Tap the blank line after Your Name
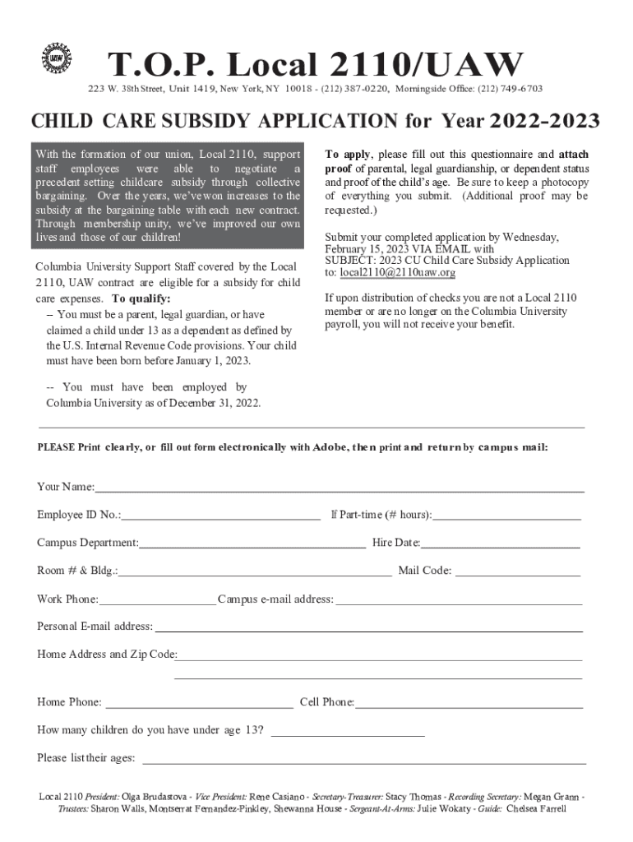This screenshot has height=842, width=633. [x=339, y=488]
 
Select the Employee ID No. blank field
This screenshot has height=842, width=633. [x=221, y=516]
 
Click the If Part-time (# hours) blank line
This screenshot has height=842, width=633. [x=506, y=516]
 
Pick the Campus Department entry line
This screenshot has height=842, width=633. [x=252, y=544]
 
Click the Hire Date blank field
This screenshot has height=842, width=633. [x=500, y=544]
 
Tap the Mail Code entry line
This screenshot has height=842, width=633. [x=517, y=571]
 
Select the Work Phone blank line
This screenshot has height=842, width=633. [x=157, y=600]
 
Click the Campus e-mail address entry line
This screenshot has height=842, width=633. [x=459, y=600]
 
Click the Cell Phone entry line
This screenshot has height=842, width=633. [x=469, y=704]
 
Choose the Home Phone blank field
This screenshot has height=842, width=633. [x=199, y=704]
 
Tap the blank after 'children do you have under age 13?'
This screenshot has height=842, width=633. [x=348, y=731]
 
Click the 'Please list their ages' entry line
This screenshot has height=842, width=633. [x=364, y=759]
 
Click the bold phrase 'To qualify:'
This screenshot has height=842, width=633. [x=141, y=298]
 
